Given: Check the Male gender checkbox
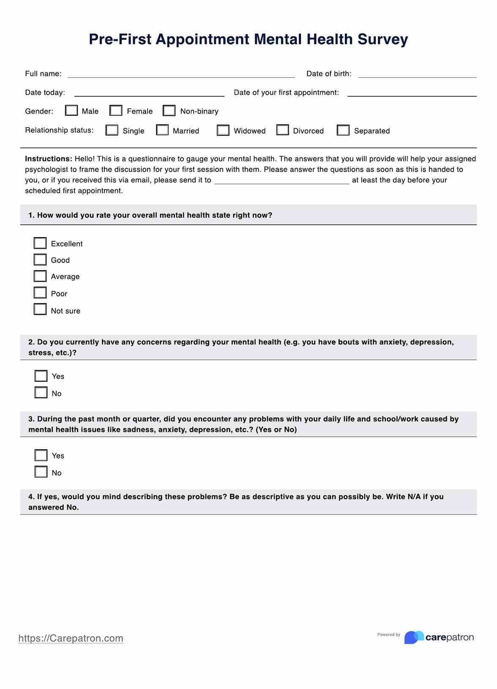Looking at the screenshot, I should point(71,110).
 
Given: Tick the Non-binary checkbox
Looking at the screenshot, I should point(169,110).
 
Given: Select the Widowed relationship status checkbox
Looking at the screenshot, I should point(223,130).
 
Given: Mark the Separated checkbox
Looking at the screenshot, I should point(343,130).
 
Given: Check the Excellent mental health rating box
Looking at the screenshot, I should point(40,243).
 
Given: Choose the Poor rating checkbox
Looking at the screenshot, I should point(40,293).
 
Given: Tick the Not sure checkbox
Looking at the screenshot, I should point(40,309).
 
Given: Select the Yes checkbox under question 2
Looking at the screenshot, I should point(41,376).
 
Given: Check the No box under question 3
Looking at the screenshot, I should point(41,472).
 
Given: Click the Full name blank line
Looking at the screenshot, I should point(181,74).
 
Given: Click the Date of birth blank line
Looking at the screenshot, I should point(417,74).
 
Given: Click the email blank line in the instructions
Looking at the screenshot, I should point(281,180).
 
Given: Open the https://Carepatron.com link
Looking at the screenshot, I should point(71,638).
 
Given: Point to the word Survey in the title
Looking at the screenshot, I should point(382,39).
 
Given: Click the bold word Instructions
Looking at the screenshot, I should point(49,159).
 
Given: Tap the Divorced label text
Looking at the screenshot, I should point(309,131).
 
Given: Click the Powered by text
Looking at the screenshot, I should point(388,634).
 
